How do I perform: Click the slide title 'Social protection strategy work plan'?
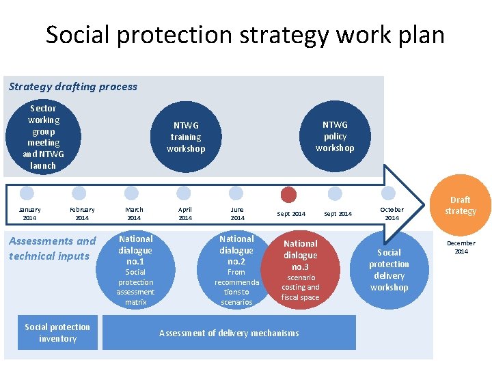pyautogui.click(x=245, y=34)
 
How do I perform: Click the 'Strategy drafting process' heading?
pyautogui.click(x=73, y=87)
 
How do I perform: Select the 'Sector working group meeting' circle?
pyautogui.click(x=43, y=137)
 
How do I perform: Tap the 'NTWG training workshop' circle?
pyautogui.click(x=185, y=137)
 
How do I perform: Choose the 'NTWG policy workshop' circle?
pyautogui.click(x=335, y=136)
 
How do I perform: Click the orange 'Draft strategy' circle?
pyautogui.click(x=460, y=205)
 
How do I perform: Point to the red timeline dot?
pyautogui.click(x=289, y=194)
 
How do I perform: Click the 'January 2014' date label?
pyautogui.click(x=29, y=214)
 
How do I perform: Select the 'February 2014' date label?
pyautogui.click(x=82, y=214)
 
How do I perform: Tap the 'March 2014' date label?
pyautogui.click(x=134, y=214)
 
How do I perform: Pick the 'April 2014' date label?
pyautogui.click(x=185, y=214)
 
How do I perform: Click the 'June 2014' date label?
pyautogui.click(x=237, y=214)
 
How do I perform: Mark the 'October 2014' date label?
pyautogui.click(x=392, y=214)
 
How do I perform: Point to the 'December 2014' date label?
pyautogui.click(x=461, y=247)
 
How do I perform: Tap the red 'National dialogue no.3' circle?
pyautogui.click(x=301, y=269)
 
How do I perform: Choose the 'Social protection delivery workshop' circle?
pyautogui.click(x=389, y=269)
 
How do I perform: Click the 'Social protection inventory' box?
pyautogui.click(x=57, y=333)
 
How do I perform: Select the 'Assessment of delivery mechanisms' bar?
pyautogui.click(x=229, y=333)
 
